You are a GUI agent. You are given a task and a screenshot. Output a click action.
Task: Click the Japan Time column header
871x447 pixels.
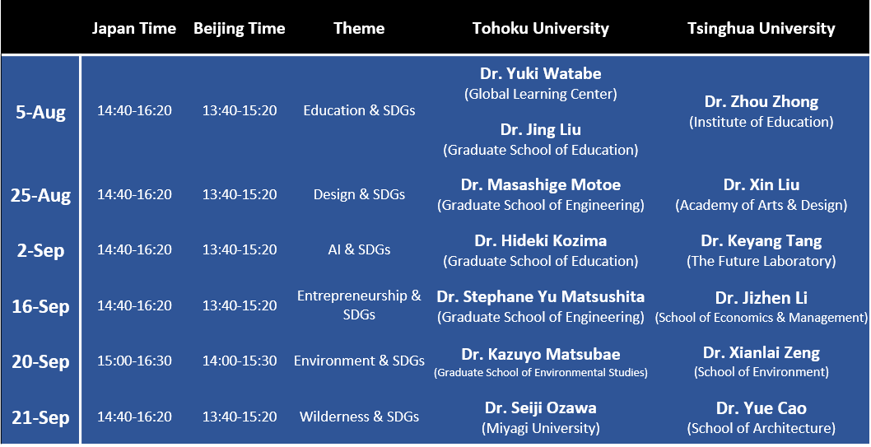134,28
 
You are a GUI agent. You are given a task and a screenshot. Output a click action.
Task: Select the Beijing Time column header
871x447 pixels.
240,28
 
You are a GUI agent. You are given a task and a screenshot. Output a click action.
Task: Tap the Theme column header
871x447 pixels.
359,28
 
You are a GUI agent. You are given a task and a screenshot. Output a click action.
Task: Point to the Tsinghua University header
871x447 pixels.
761,28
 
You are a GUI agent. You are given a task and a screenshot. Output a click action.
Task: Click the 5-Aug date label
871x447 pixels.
40,112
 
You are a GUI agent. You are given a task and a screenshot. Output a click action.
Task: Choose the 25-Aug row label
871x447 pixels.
40,195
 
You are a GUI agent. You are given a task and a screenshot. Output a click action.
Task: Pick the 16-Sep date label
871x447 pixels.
40,306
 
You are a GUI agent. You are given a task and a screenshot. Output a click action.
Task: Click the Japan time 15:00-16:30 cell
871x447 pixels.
134,361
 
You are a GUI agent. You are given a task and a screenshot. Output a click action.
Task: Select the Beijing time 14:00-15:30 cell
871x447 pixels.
240,361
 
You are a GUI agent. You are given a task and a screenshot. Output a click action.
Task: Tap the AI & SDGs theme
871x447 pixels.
359,250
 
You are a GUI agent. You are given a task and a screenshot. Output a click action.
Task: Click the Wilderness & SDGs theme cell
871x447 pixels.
359,417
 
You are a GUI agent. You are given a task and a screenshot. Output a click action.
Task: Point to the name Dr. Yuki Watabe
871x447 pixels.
541,73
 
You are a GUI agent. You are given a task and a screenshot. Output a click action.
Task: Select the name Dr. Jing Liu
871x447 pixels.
541,130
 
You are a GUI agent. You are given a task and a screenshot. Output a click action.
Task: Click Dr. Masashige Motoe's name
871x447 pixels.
541,185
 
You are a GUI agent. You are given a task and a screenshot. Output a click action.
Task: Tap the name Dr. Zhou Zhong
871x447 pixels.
761,102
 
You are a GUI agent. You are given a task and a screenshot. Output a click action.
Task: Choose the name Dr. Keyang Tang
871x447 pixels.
761,241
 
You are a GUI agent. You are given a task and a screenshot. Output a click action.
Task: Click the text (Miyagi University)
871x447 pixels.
541,428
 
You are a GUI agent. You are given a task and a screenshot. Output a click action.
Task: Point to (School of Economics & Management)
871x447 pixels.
761,318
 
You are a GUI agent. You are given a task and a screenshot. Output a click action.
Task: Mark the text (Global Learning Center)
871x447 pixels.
541,95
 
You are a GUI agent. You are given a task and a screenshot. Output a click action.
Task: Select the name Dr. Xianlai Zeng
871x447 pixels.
761,352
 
